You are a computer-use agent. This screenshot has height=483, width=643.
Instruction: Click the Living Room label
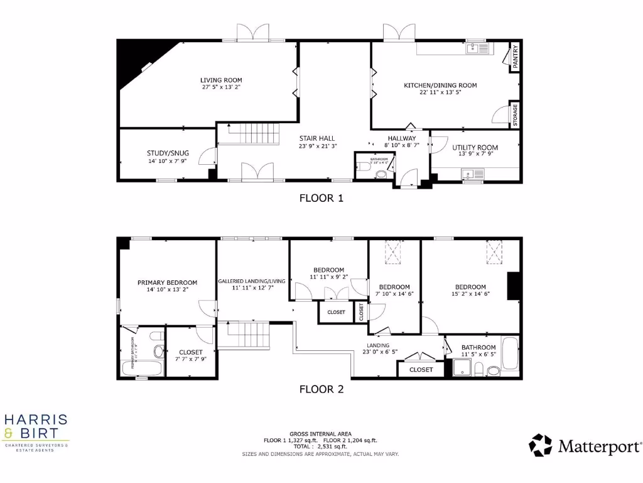tap(221, 80)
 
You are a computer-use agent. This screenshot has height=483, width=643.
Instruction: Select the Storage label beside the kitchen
tap(515, 115)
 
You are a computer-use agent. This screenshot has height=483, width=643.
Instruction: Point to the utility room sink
tap(468, 173)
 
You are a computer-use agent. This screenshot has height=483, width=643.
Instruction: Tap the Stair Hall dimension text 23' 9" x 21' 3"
tap(318, 147)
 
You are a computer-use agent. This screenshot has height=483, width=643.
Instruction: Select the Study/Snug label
tap(168, 153)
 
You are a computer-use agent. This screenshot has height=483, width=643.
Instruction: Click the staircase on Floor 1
tap(252, 134)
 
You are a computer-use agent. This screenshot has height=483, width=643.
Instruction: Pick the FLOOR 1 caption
tap(321, 198)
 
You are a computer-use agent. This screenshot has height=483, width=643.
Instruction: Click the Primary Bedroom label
tap(167, 282)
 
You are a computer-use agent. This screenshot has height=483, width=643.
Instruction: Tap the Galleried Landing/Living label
tap(252, 281)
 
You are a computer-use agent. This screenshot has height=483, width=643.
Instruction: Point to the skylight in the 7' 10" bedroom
tap(394, 253)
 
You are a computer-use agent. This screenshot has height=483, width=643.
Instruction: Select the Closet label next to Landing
tap(421, 370)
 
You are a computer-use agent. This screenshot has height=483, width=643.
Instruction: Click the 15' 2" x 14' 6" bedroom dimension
tap(470, 294)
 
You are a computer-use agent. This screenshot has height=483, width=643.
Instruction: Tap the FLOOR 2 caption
tap(321, 389)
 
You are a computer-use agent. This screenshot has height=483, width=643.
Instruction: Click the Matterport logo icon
tap(540, 445)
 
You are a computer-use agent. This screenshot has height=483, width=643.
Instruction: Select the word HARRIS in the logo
tap(36, 419)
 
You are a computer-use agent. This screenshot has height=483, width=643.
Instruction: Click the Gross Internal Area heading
tap(320, 434)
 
